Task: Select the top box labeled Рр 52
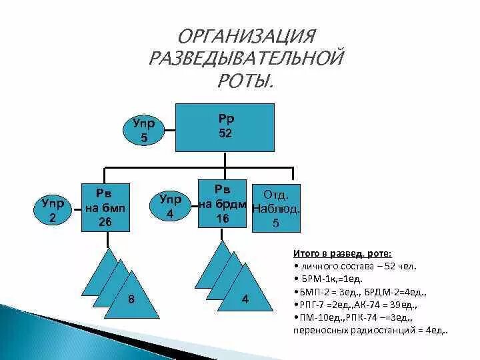[226, 127]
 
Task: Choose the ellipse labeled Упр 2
[49, 210]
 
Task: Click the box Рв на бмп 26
[104, 207]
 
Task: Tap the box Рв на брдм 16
[223, 203]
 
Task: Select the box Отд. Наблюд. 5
[275, 209]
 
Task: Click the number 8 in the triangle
[131, 299]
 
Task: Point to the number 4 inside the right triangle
[245, 299]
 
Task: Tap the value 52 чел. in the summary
[398, 265]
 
